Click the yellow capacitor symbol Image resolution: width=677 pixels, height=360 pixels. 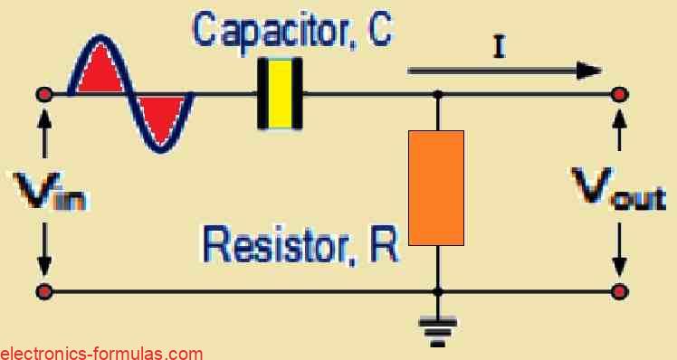[x=280, y=94]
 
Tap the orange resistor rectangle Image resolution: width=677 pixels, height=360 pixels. [x=436, y=188]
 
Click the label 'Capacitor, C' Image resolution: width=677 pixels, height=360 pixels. [x=291, y=29]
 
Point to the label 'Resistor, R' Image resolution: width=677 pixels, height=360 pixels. [x=300, y=243]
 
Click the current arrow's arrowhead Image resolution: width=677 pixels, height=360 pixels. [x=589, y=71]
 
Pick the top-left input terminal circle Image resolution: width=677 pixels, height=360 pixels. [x=42, y=94]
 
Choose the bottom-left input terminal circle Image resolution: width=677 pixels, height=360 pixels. [x=42, y=291]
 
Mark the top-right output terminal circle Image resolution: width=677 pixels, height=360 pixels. [x=619, y=94]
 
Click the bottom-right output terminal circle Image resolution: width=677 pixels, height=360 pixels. [x=619, y=291]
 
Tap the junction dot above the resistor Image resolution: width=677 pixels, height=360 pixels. [x=438, y=94]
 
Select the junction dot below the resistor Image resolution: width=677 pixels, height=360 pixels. [x=438, y=291]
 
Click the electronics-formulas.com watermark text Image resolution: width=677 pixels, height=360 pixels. [x=101, y=352]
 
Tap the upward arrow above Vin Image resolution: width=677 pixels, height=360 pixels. [x=43, y=136]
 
